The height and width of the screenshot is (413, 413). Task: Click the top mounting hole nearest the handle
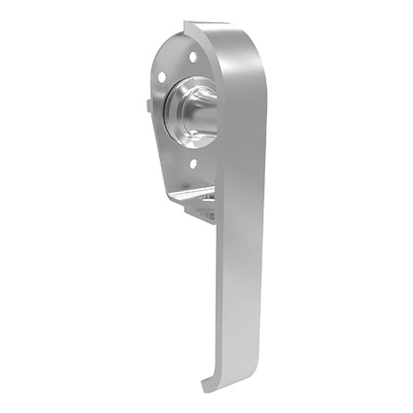coord(192,58)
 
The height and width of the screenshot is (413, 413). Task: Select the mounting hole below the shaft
coord(192,164)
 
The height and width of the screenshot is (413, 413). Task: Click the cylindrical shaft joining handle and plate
coord(204,110)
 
